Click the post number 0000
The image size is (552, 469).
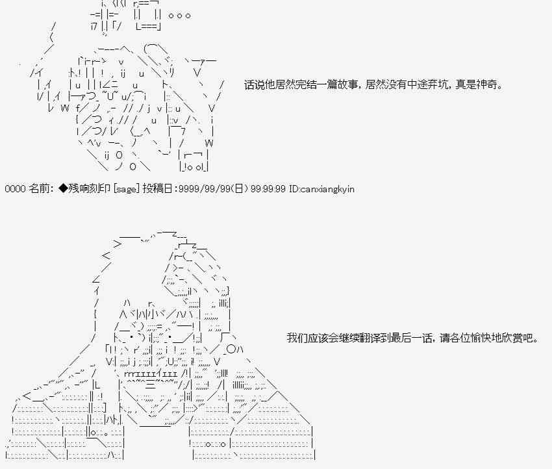point(15,189)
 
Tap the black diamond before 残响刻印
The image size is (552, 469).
point(63,189)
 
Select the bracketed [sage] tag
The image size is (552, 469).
point(127,189)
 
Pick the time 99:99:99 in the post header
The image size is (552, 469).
point(268,189)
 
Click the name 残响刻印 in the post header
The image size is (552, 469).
point(89,189)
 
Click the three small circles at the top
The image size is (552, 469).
point(179,16)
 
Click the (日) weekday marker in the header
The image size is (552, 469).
point(238,189)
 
